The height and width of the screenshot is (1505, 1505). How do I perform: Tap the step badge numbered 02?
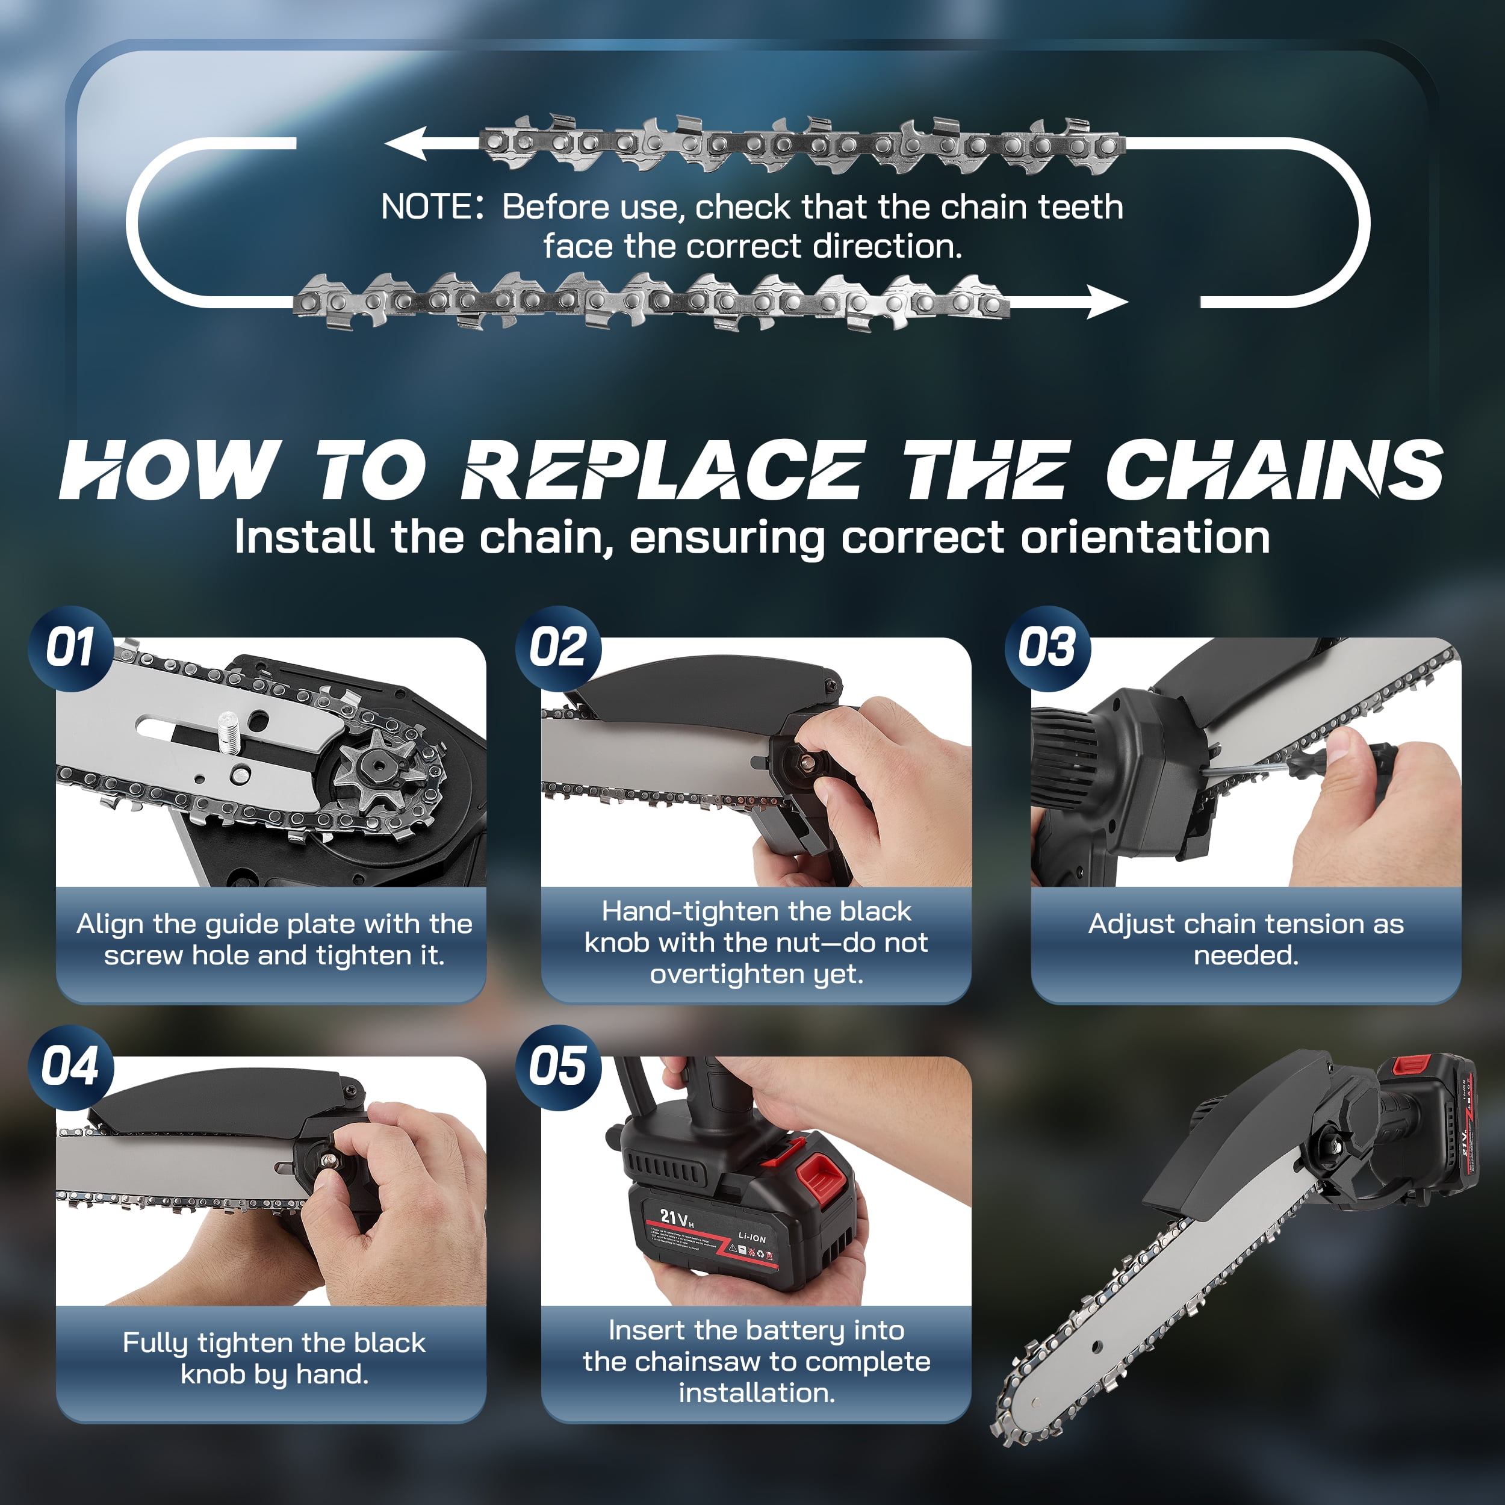[559, 648]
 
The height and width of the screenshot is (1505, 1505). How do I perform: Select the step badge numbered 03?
[1047, 648]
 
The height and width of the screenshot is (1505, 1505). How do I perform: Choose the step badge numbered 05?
[559, 1067]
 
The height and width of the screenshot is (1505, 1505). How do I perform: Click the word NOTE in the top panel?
[427, 207]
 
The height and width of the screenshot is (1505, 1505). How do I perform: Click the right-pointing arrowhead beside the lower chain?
[1107, 302]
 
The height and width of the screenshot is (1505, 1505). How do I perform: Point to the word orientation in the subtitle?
[1145, 538]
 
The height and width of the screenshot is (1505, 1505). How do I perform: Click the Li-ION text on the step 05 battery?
[752, 1237]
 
